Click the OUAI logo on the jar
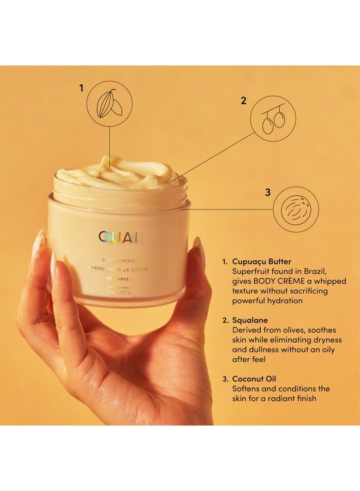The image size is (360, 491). (x=118, y=237)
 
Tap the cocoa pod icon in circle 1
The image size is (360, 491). (x=110, y=103)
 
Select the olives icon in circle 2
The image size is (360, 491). (x=273, y=122)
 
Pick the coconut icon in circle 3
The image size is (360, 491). (x=296, y=209)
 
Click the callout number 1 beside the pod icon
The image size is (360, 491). (x=82, y=87)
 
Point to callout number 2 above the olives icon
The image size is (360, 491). (x=244, y=100)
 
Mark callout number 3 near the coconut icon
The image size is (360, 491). (x=267, y=192)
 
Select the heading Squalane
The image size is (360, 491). (x=250, y=320)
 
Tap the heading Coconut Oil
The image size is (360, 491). (x=256, y=379)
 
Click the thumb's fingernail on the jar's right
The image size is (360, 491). (x=199, y=252)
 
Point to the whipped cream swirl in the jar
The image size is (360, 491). (x=117, y=172)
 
